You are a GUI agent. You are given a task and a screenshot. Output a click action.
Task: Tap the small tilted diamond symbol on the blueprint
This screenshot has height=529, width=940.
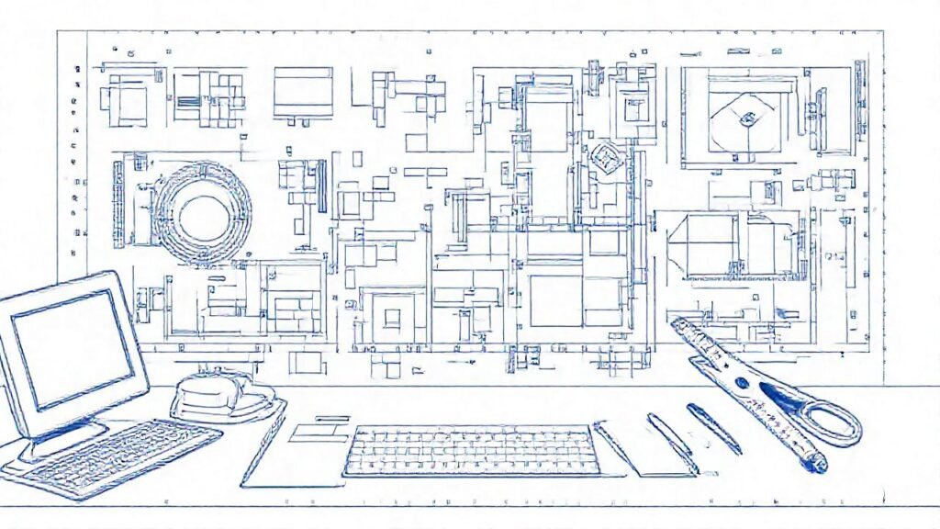pos(603,157)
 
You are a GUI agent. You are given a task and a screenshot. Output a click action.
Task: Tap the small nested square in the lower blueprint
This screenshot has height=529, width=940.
pos(392,318)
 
